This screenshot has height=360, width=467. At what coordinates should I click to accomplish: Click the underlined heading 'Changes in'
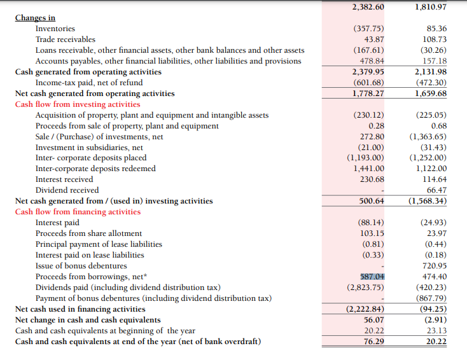click(x=35, y=18)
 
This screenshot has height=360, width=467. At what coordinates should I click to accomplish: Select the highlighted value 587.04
click(x=372, y=276)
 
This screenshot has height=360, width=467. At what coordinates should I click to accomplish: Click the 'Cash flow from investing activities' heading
click(x=78, y=104)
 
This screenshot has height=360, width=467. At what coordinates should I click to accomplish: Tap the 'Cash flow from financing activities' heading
click(x=78, y=212)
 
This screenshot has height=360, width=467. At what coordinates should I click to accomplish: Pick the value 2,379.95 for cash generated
click(x=368, y=72)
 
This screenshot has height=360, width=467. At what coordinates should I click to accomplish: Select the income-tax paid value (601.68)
click(x=368, y=83)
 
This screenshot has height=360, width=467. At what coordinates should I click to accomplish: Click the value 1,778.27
click(x=368, y=93)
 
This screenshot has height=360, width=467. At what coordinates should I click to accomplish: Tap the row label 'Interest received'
click(x=64, y=179)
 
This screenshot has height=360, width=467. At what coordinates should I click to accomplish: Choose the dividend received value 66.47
click(x=436, y=190)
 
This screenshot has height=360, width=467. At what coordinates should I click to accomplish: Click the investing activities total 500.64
click(x=372, y=201)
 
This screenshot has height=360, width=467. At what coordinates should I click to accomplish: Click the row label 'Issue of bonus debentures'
click(x=81, y=265)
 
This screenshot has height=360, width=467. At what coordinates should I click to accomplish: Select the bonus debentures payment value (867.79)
click(x=431, y=298)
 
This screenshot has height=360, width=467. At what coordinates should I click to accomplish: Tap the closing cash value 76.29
click(x=373, y=342)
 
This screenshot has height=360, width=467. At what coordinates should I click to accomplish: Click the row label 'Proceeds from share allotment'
click(x=88, y=233)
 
